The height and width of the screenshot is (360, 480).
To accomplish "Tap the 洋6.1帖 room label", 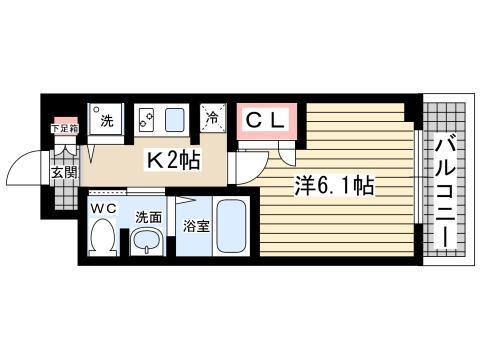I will pos(333,185).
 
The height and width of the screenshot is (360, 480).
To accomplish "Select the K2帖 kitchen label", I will pos(173,157).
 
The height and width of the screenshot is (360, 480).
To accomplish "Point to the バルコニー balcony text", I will pos(445,190).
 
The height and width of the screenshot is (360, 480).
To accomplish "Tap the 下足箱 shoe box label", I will pos(64,128).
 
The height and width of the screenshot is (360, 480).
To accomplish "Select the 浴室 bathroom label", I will pos(194,226).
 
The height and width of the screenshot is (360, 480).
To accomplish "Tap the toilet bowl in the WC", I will pos(102,238).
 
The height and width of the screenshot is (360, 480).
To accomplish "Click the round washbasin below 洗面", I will pos(148,240).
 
